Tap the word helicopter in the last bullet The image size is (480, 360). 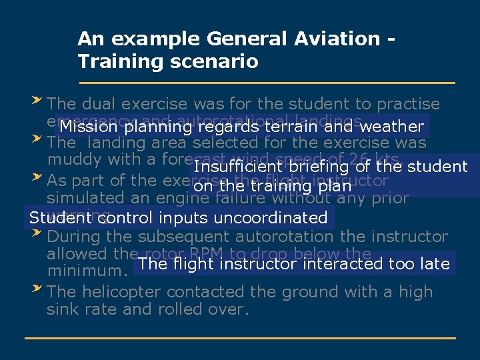click(x=122, y=292)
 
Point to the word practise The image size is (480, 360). click(x=408, y=104)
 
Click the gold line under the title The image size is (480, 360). click(x=267, y=83)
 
